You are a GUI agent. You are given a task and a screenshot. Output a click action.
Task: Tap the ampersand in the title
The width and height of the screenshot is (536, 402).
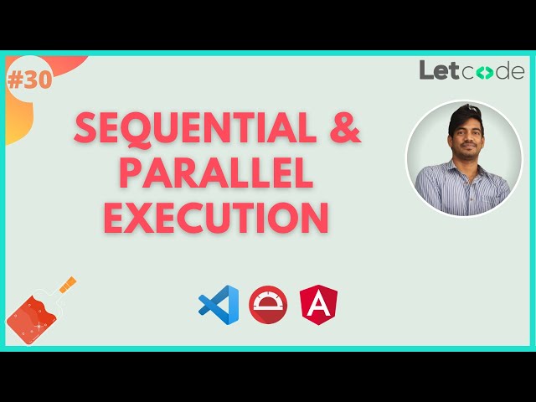[x=342, y=127]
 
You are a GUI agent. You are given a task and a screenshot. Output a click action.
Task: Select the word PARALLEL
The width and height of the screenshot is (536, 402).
[x=215, y=173]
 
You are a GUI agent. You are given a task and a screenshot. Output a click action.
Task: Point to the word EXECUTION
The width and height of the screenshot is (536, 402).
[x=215, y=217]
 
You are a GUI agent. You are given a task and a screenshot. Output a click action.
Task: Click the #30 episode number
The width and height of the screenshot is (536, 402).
[x=28, y=80]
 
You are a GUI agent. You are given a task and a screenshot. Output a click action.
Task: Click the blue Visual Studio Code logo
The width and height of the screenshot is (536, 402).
[x=219, y=305]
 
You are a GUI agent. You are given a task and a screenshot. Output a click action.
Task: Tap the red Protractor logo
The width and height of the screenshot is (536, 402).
[x=268, y=305]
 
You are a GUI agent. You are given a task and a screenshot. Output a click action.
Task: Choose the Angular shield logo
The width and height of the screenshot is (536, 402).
[x=319, y=305]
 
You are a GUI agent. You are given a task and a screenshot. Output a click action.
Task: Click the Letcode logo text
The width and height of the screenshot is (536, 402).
[x=472, y=70]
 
